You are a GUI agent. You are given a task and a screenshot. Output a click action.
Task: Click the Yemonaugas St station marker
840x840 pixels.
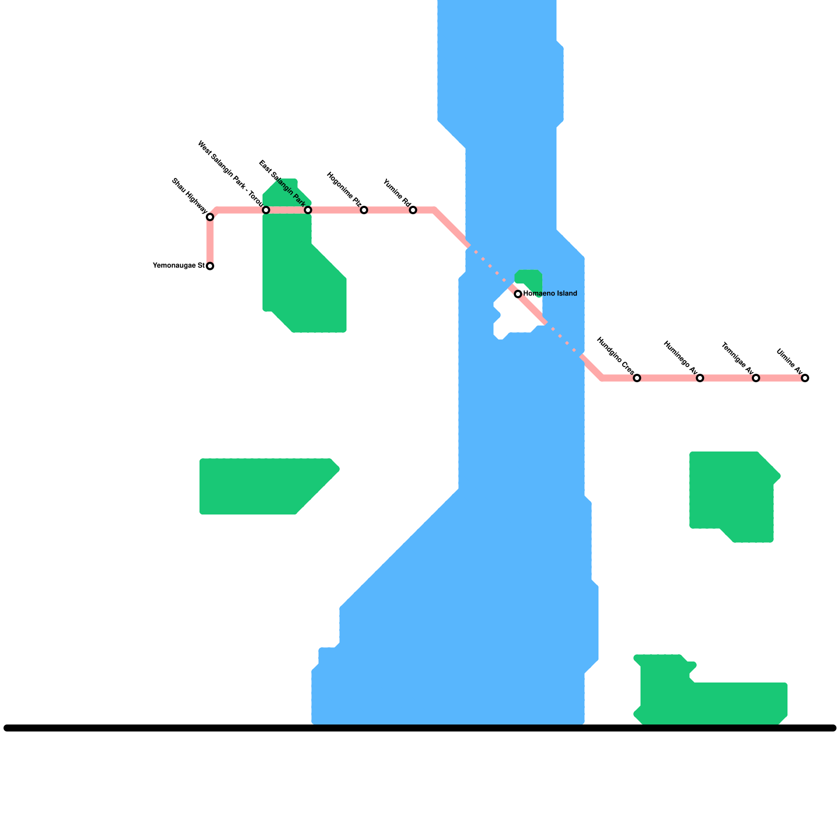pos(210,266)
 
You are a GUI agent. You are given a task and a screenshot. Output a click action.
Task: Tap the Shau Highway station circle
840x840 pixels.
pos(210,217)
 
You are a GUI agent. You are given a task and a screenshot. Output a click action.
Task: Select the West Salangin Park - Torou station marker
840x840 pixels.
pos(266,210)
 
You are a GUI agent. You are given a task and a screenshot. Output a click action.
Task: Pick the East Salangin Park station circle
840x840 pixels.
pos(308,210)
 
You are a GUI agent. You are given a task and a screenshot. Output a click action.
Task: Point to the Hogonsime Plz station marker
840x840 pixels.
pos(364,210)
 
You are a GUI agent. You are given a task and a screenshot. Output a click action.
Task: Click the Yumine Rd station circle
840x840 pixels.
pos(413,210)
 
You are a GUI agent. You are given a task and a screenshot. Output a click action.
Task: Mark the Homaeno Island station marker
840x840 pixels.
pos(518,294)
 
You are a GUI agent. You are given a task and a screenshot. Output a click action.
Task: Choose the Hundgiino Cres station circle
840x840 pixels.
pos(637,378)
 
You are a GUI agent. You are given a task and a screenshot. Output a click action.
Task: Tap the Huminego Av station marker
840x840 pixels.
pos(700,378)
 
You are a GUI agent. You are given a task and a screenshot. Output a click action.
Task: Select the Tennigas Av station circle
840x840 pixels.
pos(756,378)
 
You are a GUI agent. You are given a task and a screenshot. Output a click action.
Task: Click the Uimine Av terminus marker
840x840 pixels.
pos(805,378)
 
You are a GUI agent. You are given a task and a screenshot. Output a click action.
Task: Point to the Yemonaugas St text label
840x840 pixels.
pos(178,266)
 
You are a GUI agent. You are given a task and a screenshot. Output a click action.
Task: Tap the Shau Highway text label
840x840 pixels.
pos(190,196)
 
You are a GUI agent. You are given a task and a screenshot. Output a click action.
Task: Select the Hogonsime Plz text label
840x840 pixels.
pos(344,189)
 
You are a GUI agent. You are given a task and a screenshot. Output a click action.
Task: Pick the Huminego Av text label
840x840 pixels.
pos(680,358)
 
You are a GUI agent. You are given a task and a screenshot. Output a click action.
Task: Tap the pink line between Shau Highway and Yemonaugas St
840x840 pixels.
pos(210,241)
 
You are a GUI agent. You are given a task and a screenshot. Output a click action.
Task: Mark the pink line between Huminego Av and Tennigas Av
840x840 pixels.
pos(728,378)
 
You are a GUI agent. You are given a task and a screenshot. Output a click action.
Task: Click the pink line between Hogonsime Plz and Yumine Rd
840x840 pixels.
pos(388,210)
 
